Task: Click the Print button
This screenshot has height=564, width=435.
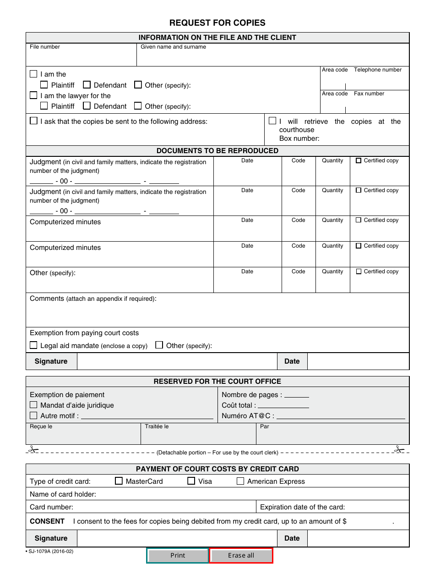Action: click(178, 555)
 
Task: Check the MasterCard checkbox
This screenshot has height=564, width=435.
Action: click(119, 481)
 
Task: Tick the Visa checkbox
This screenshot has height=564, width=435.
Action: click(191, 481)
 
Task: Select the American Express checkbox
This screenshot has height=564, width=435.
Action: click(240, 481)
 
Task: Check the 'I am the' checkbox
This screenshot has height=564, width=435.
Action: click(33, 74)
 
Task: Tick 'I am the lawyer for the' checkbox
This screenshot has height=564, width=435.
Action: click(33, 95)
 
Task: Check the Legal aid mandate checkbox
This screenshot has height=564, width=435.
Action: click(33, 345)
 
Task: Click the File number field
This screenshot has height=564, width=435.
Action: click(81, 58)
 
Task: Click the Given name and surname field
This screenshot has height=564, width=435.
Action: click(272, 58)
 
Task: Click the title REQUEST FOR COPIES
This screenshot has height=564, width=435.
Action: click(217, 23)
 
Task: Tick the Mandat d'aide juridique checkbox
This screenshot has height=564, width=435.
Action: click(33, 405)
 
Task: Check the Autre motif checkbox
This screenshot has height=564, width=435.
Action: click(33, 415)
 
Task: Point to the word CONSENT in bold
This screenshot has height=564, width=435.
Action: click(47, 521)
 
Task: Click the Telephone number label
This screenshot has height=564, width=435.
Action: click(377, 70)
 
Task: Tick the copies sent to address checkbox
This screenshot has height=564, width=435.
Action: click(33, 121)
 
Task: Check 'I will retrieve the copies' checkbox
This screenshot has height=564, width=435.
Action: click(272, 121)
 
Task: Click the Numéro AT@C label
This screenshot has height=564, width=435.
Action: click(248, 416)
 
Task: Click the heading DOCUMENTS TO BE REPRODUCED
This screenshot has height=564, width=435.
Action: click(217, 151)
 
